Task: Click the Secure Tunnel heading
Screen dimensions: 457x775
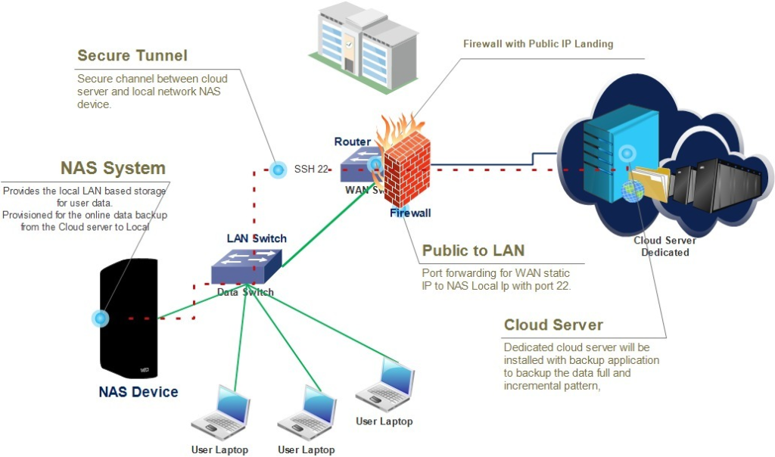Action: pos(132,55)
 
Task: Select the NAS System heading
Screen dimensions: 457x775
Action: pos(113,167)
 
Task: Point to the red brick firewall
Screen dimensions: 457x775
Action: pos(406,170)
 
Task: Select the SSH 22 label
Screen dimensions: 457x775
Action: pos(311,169)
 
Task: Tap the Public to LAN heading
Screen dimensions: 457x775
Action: pos(473,250)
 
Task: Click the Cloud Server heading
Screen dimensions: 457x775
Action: pos(553,325)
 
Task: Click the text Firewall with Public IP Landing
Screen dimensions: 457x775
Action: pos(538,44)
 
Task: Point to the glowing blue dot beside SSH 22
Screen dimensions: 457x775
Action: pos(278,169)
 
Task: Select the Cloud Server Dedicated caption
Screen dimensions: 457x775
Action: pos(665,247)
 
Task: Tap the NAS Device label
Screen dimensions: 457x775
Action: pos(139,392)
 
